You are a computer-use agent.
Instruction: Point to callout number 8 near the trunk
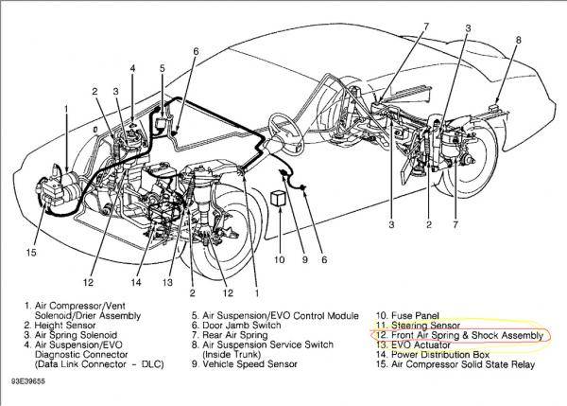click(x=518, y=41)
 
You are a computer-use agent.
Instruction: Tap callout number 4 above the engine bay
click(x=132, y=68)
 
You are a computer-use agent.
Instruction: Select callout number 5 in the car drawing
click(x=163, y=68)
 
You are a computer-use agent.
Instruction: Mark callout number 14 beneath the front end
click(x=137, y=281)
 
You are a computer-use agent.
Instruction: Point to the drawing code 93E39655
click(x=30, y=391)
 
